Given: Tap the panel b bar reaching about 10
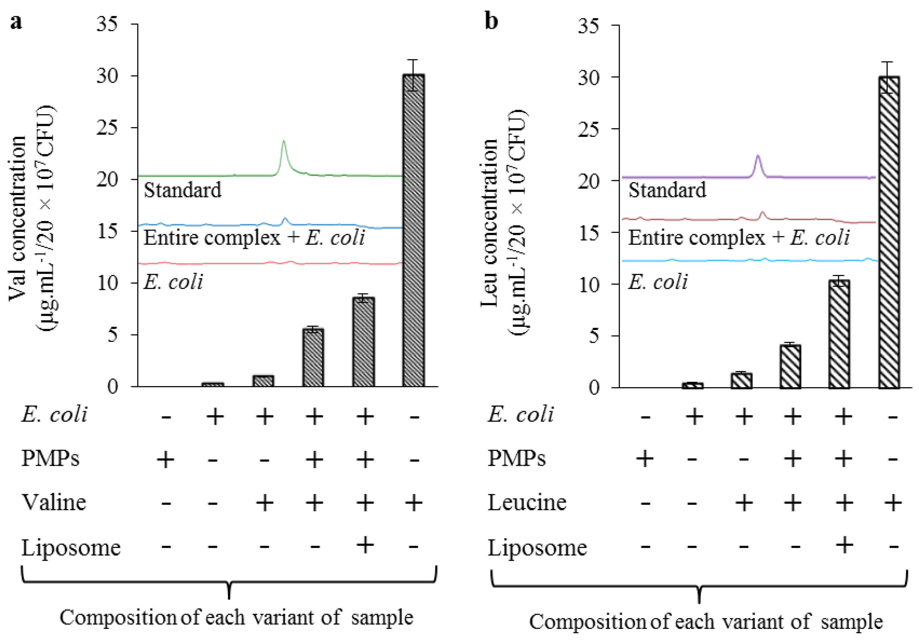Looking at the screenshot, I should [839, 334].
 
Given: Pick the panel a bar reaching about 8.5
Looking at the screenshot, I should [363, 342].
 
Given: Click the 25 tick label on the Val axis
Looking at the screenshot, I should [107, 128].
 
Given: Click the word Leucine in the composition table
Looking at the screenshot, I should [527, 502].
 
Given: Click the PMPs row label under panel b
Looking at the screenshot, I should [516, 458].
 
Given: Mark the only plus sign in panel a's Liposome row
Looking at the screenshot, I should [364, 545].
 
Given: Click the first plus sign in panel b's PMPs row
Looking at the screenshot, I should [645, 458].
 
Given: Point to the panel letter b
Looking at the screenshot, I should [492, 21].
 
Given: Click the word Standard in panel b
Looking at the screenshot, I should [667, 190].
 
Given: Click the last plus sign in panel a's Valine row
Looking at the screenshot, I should [414, 502].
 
